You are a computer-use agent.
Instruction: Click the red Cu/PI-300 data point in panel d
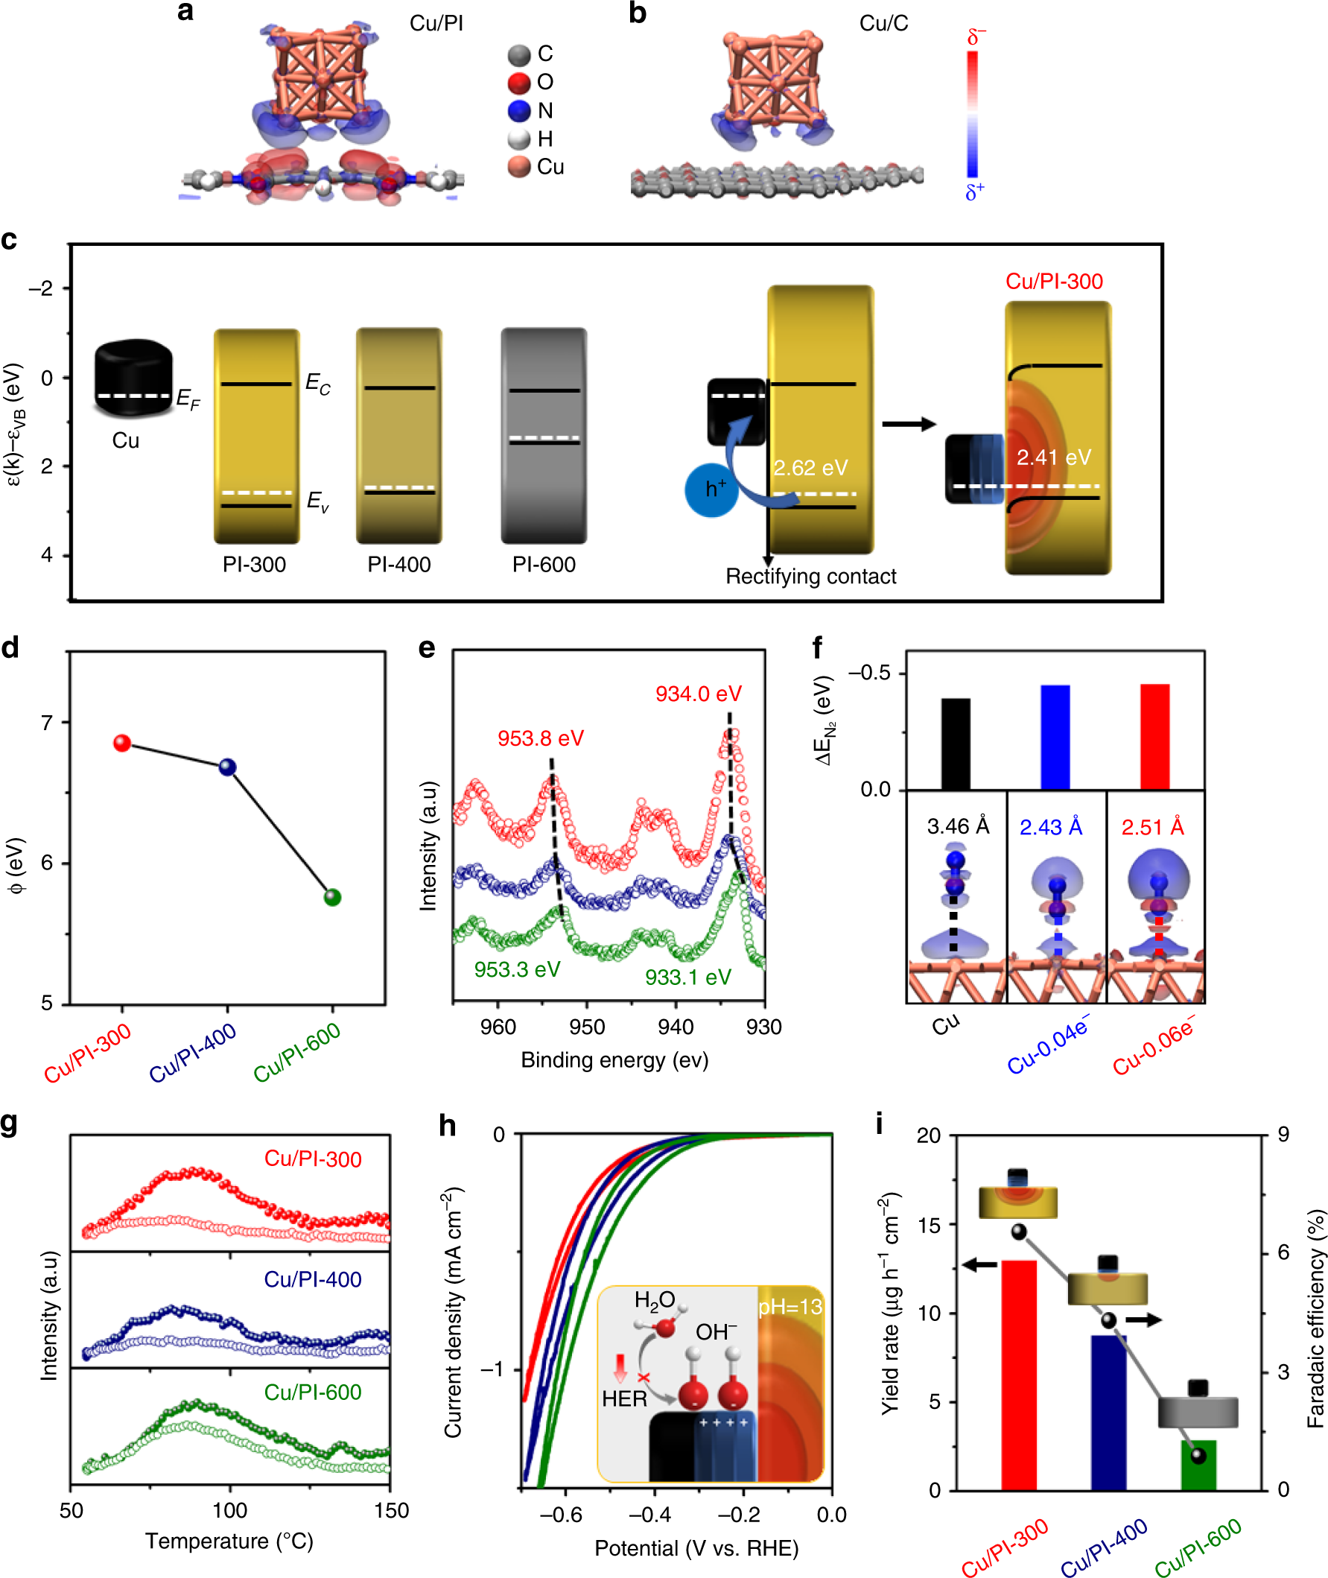[122, 743]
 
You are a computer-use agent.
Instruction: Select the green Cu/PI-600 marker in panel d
[332, 897]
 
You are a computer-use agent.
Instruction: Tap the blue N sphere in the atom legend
[519, 111]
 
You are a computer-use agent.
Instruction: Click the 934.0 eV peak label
[698, 694]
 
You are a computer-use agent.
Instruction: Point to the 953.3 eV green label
[516, 970]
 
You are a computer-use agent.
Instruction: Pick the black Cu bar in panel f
[955, 743]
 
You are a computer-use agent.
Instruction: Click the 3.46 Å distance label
[958, 827]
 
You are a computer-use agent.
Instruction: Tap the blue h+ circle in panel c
[711, 490]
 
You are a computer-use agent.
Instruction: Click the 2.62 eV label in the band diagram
[810, 468]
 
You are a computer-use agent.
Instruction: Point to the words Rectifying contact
[810, 576]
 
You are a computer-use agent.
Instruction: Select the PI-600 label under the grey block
[544, 565]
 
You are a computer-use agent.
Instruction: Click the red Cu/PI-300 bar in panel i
[1019, 1374]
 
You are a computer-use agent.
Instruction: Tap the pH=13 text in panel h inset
[790, 1306]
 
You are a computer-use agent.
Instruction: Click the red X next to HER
[644, 1377]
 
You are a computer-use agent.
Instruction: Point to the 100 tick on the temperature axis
[229, 1510]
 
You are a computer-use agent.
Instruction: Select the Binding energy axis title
[614, 1060]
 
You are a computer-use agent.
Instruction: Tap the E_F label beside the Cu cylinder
[188, 399]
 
